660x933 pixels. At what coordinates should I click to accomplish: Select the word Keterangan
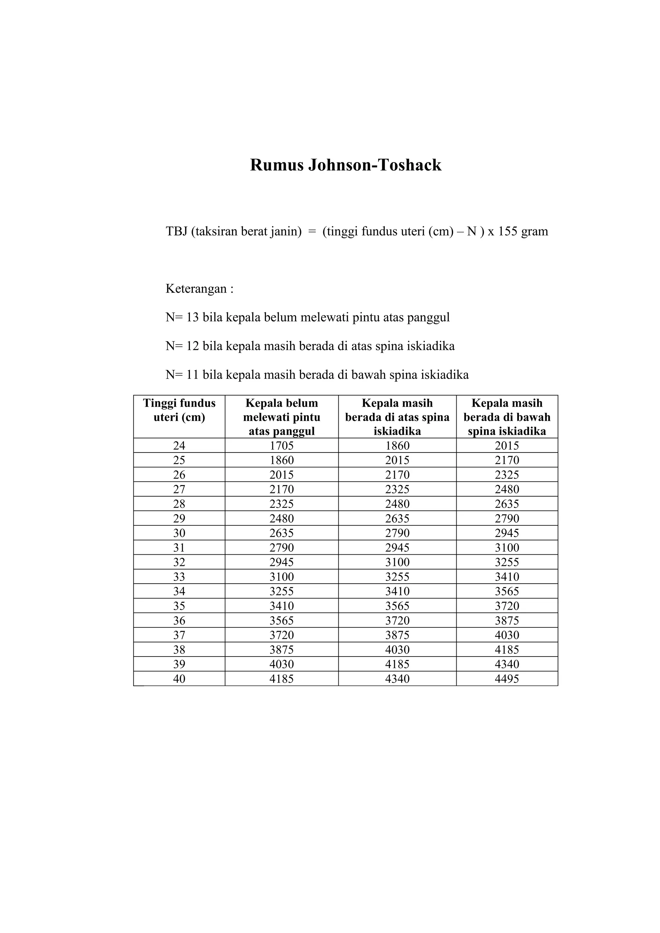(x=196, y=289)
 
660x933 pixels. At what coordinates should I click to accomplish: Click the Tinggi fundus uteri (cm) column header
(x=179, y=410)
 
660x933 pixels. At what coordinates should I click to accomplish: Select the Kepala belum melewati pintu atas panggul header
(x=282, y=417)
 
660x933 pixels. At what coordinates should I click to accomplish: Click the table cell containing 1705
(x=282, y=446)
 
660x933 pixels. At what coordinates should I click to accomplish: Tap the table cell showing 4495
(x=507, y=679)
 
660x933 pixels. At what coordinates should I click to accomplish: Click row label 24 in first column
(x=179, y=446)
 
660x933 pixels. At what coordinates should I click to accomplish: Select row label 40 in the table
(x=179, y=679)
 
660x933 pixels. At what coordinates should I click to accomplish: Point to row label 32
(x=179, y=562)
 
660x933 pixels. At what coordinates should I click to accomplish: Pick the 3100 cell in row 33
(x=282, y=577)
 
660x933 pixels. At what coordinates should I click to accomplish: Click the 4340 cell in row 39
(x=507, y=664)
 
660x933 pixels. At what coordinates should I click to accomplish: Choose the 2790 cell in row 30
(x=397, y=533)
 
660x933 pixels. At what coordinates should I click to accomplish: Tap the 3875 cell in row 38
(x=282, y=649)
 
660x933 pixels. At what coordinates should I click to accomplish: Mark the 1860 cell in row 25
(x=282, y=461)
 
